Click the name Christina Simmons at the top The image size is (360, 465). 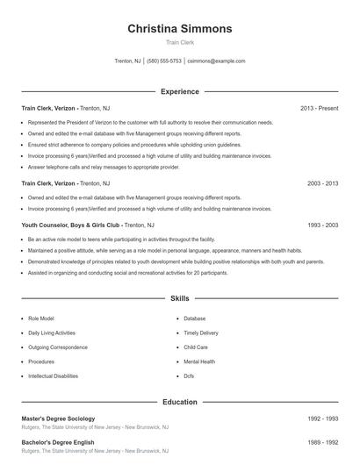[x=180, y=28]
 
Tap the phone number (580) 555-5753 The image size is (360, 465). [x=165, y=61]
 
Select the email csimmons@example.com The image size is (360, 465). [x=217, y=61]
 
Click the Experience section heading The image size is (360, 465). [x=180, y=91]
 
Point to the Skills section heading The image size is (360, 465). [x=180, y=299]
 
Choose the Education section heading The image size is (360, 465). [x=180, y=402]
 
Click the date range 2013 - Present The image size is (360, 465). [x=319, y=109]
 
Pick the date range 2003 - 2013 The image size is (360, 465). [x=322, y=184]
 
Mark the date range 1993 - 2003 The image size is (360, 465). [x=322, y=225]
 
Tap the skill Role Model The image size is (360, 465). [x=40, y=318]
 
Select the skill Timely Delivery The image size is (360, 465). [x=201, y=333]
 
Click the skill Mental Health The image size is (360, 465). [x=198, y=361]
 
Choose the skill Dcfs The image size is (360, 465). [x=190, y=376]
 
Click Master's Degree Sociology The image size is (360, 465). [x=58, y=418]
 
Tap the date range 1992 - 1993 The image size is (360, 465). [x=322, y=418]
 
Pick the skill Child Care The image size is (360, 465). [x=195, y=347]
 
